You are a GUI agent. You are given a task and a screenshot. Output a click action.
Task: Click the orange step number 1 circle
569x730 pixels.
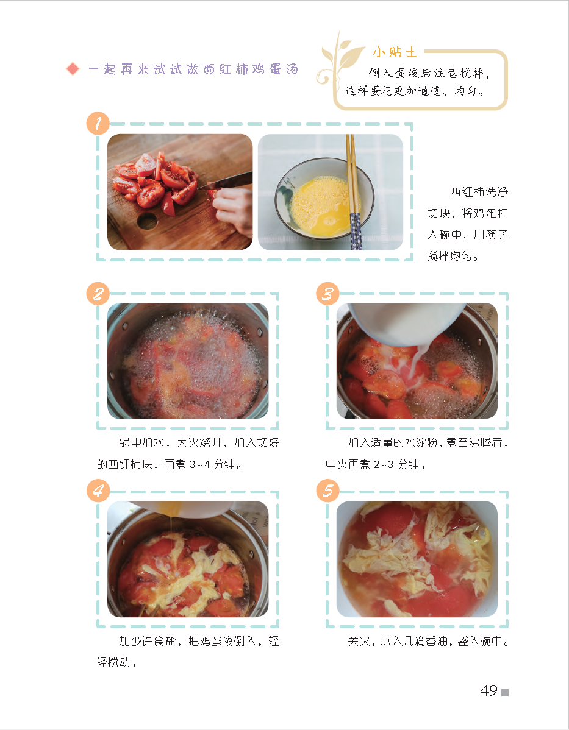pos(98,123)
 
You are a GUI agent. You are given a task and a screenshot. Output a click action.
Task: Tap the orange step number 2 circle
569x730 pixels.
pos(98,294)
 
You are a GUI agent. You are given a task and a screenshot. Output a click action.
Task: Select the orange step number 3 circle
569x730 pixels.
pos(327,294)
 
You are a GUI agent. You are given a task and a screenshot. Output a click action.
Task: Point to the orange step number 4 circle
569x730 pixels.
pos(98,491)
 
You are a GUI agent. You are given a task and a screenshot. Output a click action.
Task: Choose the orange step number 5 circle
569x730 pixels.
pos(327,491)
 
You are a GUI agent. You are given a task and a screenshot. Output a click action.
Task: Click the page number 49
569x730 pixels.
pos(489,690)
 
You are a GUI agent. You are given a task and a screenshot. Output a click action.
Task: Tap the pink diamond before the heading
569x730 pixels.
pos(73,69)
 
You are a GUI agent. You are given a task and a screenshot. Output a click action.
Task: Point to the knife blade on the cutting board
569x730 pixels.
pos(226,181)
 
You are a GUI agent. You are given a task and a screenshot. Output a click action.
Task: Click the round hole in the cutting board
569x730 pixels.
pos(147,221)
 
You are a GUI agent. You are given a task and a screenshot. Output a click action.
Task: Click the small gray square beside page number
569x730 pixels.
pos(505,693)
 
